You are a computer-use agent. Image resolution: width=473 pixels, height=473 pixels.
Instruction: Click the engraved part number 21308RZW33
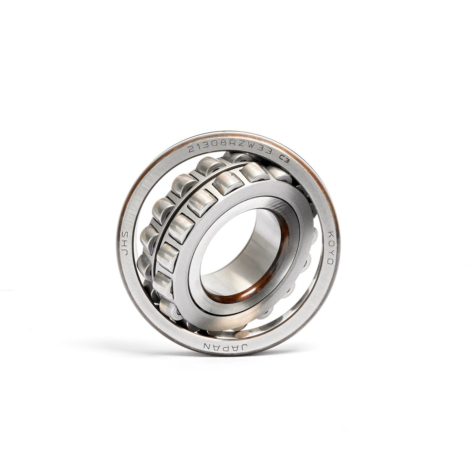pyautogui.click(x=229, y=147)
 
